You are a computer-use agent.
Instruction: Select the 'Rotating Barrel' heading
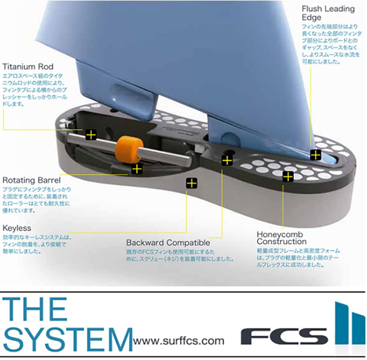click(32, 179)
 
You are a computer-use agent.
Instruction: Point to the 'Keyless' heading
click(18, 228)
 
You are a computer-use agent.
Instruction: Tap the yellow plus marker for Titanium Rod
click(90, 135)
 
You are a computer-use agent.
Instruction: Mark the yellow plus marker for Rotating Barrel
click(136, 169)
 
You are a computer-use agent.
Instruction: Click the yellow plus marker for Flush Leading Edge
click(315, 154)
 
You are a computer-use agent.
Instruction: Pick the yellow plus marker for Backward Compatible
click(227, 160)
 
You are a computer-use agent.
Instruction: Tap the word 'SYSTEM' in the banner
click(67, 339)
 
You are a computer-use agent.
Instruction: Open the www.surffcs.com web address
click(178, 341)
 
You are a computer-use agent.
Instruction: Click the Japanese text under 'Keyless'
click(35, 245)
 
